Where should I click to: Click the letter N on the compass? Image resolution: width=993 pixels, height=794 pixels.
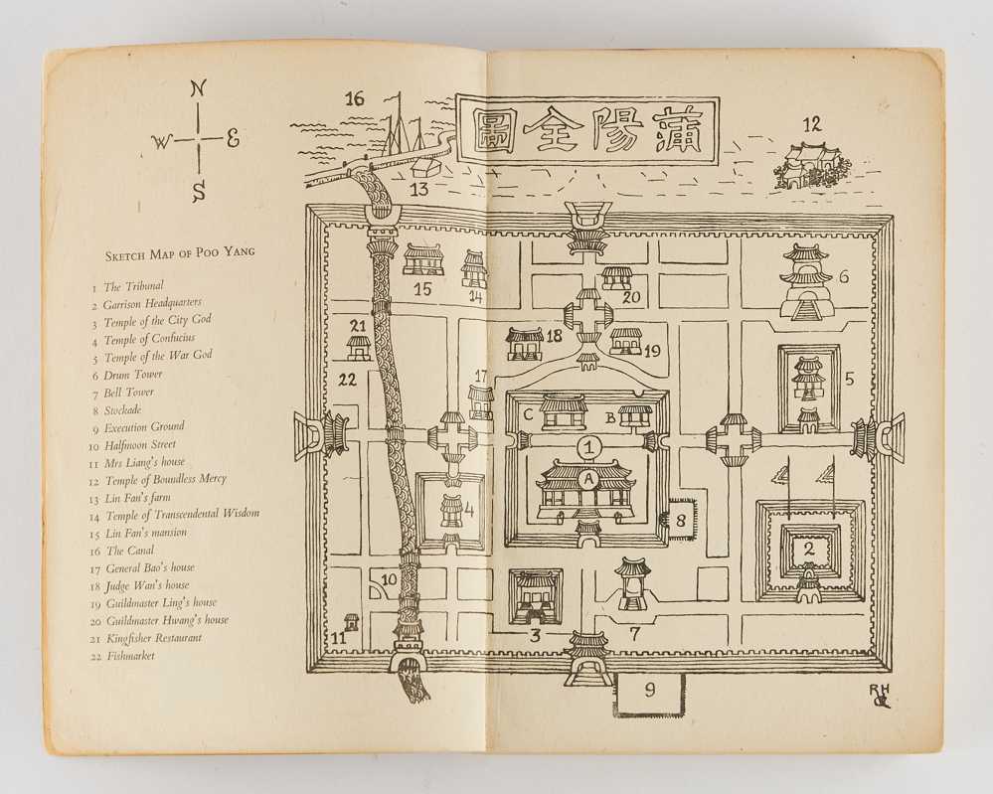point(199,88)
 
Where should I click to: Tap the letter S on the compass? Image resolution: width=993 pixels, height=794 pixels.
point(200,191)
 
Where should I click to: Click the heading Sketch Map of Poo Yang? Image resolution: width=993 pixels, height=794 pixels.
point(180,253)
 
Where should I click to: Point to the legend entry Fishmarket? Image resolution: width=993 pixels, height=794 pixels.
point(128,655)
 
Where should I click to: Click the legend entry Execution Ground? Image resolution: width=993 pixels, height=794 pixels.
point(137,426)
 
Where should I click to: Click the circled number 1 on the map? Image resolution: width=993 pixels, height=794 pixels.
point(590,447)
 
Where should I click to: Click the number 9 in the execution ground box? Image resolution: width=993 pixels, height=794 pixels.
point(649,693)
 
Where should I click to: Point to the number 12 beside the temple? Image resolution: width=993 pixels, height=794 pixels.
point(812,125)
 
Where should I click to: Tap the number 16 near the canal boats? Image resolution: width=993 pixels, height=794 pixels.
point(355,98)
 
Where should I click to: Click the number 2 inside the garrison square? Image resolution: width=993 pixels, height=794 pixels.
point(808,547)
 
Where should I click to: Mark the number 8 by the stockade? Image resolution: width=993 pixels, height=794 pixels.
point(681,519)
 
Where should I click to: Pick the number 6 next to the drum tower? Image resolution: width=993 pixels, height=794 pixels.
point(843,277)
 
